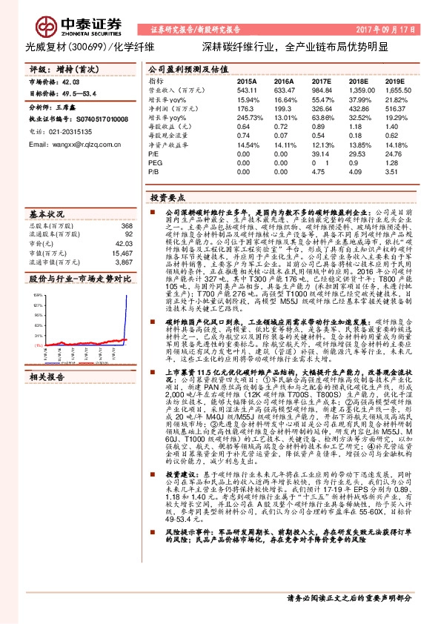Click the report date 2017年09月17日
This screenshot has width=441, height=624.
pos(398,30)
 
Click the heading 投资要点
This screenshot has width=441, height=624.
pos(165,198)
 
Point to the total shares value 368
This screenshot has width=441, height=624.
pos(127,225)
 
